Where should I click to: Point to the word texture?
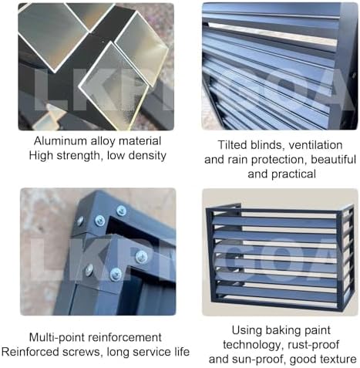point(337,359)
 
